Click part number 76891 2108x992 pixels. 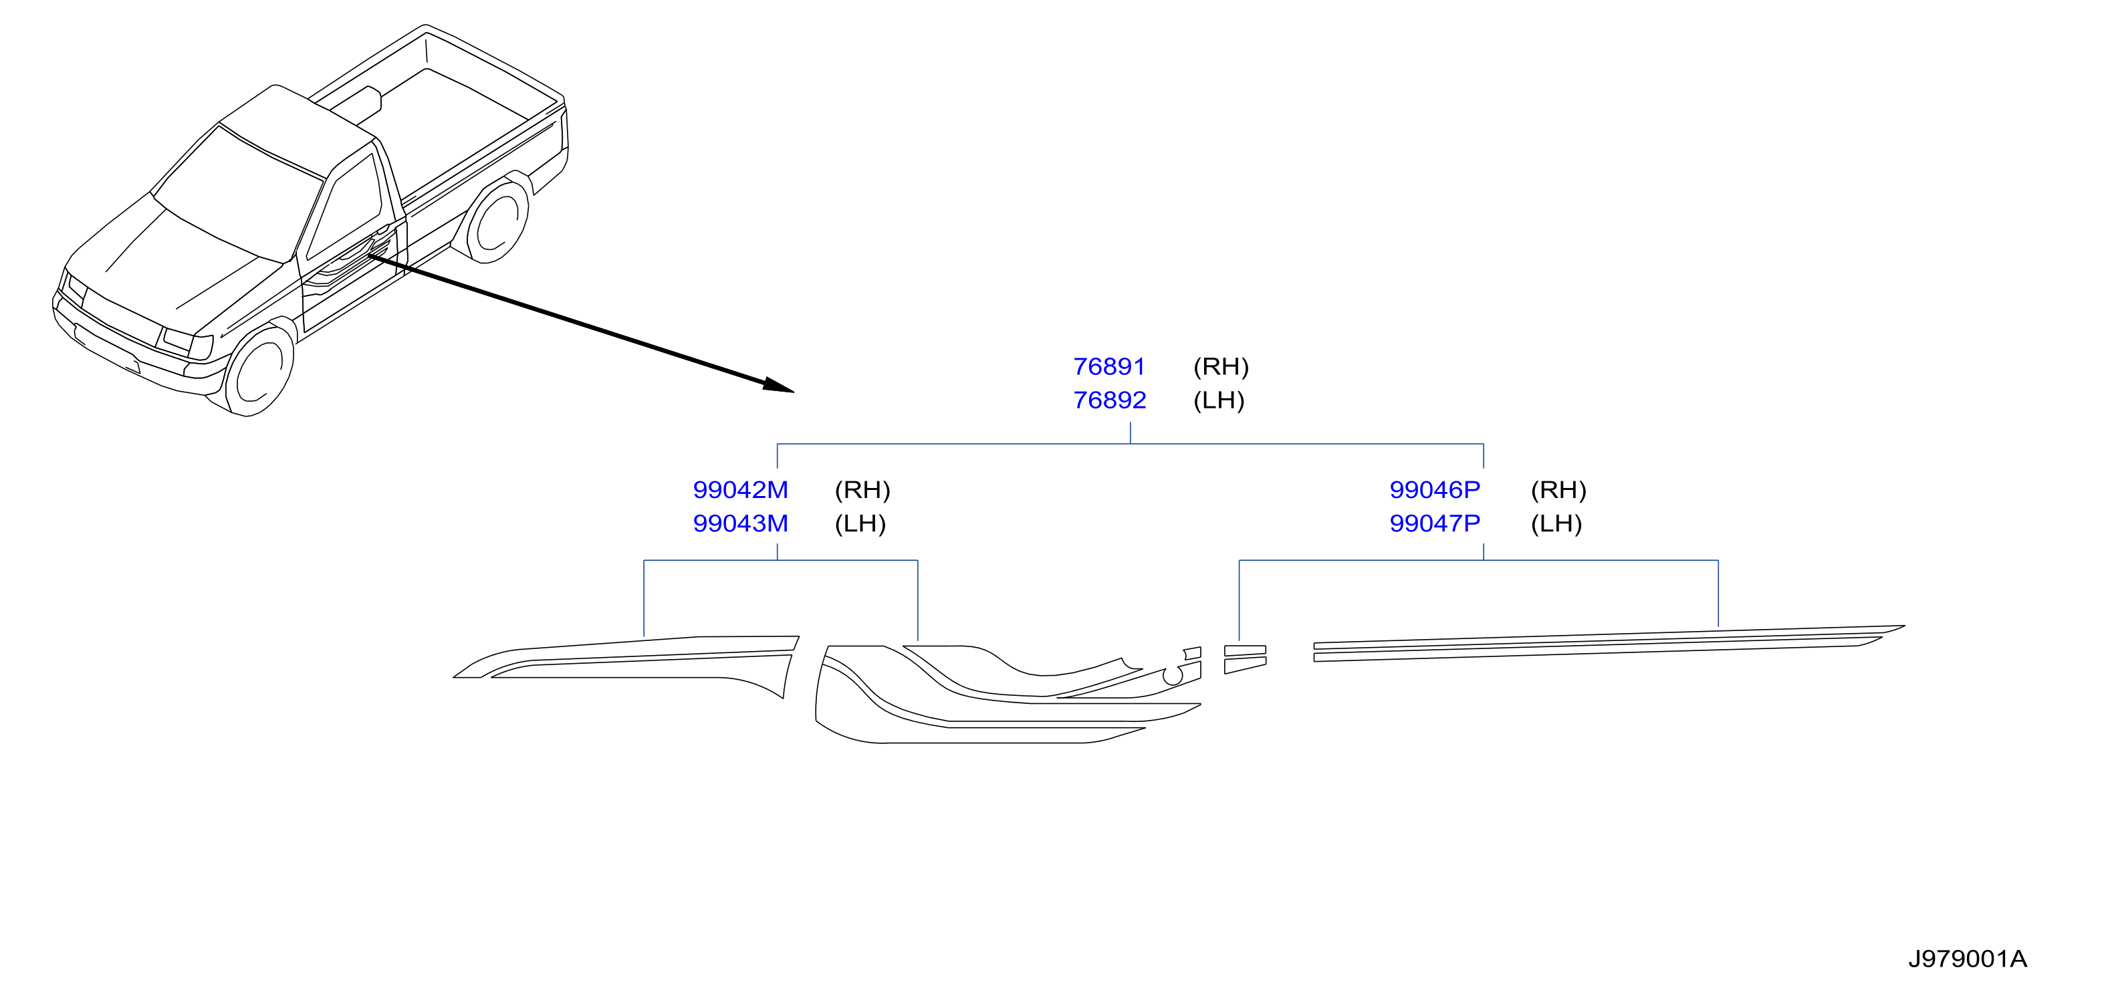1109,367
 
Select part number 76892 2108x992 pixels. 1109,400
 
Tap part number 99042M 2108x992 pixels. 741,490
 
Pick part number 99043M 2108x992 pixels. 741,524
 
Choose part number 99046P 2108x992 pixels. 1435,490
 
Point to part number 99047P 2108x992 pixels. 1435,524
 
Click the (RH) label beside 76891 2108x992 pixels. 1221,367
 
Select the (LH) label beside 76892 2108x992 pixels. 1219,400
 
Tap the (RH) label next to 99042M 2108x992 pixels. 862,490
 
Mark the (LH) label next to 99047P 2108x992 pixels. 1556,524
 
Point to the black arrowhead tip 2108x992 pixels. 794,392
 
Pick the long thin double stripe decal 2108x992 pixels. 1609,643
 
